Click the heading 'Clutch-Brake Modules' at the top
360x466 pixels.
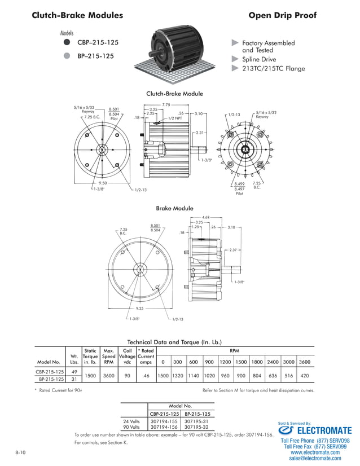click(x=78, y=16)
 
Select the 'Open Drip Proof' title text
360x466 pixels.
click(x=282, y=16)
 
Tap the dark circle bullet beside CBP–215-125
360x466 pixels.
click(x=67, y=42)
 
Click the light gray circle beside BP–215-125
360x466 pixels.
click(x=67, y=56)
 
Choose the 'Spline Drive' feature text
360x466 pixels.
click(x=259, y=59)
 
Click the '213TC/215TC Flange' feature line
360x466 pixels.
click(x=273, y=69)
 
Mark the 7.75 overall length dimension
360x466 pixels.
click(x=166, y=105)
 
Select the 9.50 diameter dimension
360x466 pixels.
click(x=103, y=183)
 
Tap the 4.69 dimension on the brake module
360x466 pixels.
click(x=206, y=217)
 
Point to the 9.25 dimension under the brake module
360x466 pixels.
click(x=139, y=309)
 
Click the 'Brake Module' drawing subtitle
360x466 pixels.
click(x=174, y=209)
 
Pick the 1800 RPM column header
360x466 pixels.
click(x=257, y=362)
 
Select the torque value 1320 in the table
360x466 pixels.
click(x=177, y=375)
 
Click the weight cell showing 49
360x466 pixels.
click(x=74, y=372)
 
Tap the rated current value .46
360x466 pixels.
click(x=146, y=375)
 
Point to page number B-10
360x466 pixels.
click(x=20, y=453)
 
